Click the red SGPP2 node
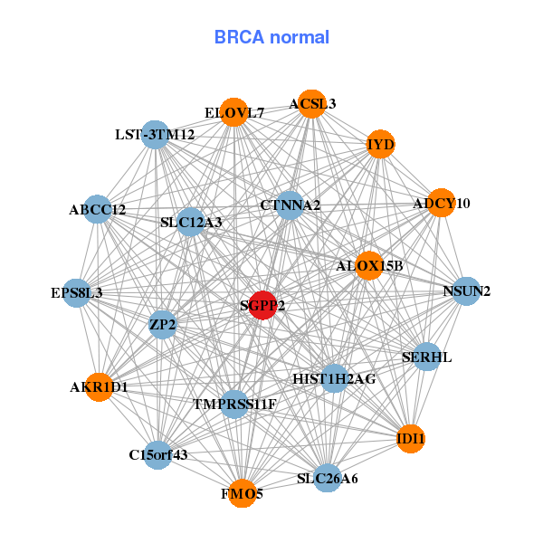(262, 305)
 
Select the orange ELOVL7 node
(234, 112)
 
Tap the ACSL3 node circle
(311, 103)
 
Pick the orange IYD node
(381, 144)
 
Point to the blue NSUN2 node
(466, 291)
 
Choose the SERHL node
(426, 357)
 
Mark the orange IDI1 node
(410, 439)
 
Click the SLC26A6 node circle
(328, 478)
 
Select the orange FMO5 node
(242, 493)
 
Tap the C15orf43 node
(158, 454)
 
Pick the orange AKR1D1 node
(99, 386)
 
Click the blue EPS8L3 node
(77, 292)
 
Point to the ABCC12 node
(97, 209)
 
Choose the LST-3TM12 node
(156, 135)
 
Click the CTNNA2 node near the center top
(290, 205)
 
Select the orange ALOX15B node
(368, 265)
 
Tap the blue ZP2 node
(163, 324)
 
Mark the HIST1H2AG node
(334, 377)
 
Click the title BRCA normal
(271, 37)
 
